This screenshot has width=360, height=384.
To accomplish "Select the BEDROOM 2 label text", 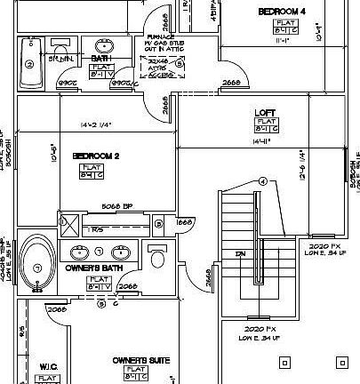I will pyautogui.click(x=96, y=156).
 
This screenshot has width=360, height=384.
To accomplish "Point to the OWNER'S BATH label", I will pyautogui.click(x=93, y=267).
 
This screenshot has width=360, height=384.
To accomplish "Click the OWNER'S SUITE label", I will pyautogui.click(x=140, y=360).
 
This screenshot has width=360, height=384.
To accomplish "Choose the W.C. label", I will pyautogui.click(x=49, y=365).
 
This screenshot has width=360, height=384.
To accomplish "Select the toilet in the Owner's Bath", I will pyautogui.click(x=157, y=257).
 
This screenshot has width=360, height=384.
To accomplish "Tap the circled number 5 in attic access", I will pyautogui.click(x=179, y=64).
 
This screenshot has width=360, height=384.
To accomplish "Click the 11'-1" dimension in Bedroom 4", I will pyautogui.click(x=283, y=39).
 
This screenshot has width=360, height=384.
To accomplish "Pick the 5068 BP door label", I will pyautogui.click(x=116, y=206).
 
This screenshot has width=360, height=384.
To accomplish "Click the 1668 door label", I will pyautogui.click(x=185, y=221).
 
